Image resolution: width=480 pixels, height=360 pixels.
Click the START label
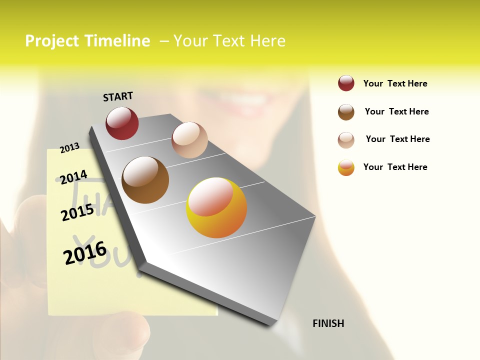(118, 96)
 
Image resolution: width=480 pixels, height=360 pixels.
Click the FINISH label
(328, 323)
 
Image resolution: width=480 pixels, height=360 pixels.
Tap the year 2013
(70, 147)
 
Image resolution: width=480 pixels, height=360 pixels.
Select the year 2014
(74, 177)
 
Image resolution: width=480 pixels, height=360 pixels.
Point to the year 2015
(77, 212)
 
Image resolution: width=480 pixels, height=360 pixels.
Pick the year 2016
(85, 252)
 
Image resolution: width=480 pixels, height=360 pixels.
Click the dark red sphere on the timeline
(122, 123)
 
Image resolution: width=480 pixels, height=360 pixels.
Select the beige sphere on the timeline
(189, 140)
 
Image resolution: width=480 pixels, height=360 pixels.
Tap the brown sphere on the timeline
(145, 180)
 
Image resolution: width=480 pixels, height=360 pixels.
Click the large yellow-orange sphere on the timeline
(216, 207)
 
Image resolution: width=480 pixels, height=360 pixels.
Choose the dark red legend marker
(346, 83)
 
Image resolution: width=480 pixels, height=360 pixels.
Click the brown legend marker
(346, 112)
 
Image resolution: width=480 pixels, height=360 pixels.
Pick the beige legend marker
(346, 140)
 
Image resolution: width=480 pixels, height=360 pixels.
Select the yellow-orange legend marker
(346, 167)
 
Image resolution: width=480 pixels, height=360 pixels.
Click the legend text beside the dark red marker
(395, 83)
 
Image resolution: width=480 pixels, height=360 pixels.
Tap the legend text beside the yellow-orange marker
(395, 167)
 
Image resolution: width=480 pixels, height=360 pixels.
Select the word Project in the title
(52, 41)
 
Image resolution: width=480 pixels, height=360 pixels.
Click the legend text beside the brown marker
(396, 111)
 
